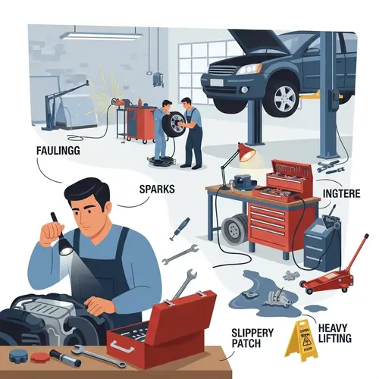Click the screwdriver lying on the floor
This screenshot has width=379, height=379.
(180, 227)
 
